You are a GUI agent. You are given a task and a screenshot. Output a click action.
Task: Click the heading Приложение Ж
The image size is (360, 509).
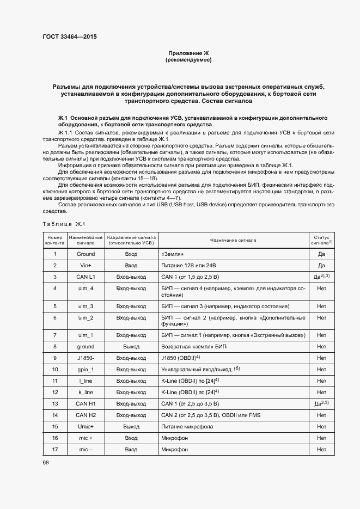pos(188,53)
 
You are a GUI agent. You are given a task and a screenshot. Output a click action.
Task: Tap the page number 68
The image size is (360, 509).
pos(45,462)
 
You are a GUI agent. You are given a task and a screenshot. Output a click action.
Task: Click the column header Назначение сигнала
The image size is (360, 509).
pos(231,240)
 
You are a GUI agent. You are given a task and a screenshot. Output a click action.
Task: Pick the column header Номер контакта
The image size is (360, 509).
pos(54,240)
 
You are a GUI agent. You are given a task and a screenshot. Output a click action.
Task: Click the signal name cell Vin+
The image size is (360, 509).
pos(86,265)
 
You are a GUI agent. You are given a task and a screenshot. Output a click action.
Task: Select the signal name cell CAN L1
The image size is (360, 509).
pos(86,277)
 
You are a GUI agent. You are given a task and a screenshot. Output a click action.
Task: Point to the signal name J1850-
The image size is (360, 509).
pos(86,358)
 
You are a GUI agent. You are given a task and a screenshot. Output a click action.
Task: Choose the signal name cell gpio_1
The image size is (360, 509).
pos(86,369)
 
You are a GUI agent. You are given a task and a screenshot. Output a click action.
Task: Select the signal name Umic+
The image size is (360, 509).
pos(86,427)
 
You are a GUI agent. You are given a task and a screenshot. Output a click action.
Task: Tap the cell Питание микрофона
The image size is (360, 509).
pos(186,427)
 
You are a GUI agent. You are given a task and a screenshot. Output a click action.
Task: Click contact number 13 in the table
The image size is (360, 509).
pos(54,403)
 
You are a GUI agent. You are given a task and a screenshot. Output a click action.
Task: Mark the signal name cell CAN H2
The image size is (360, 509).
pos(86,415)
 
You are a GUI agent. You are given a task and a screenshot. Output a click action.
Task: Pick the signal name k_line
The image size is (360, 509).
pos(86,392)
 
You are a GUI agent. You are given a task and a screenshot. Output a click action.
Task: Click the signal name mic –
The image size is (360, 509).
pos(86,450)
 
